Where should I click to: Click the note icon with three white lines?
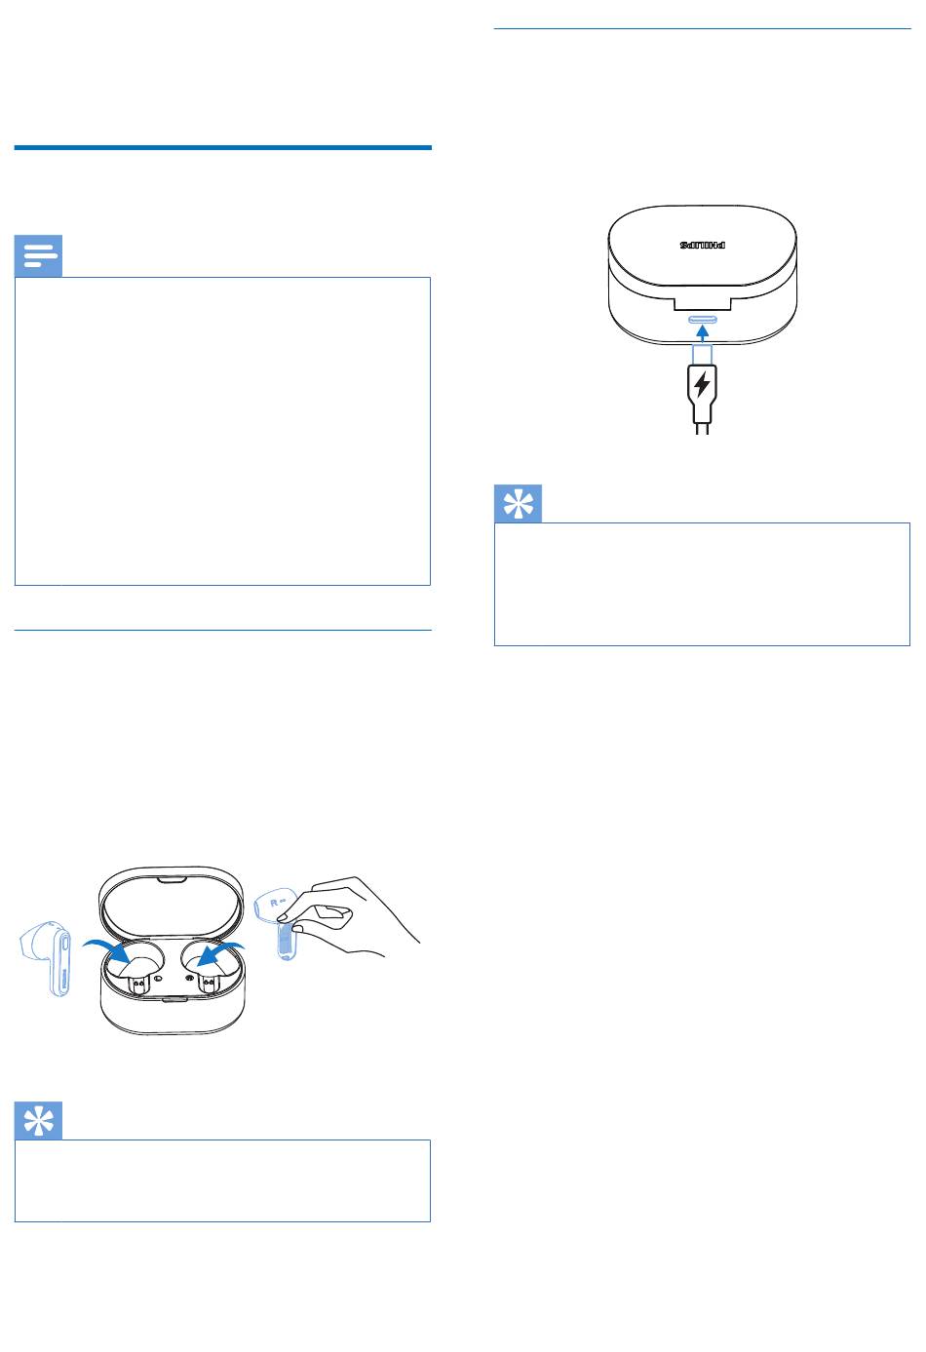[x=38, y=256]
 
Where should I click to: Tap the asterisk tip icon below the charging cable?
[x=518, y=503]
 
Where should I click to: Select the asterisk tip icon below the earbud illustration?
[x=38, y=1120]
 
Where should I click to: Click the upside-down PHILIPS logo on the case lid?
[x=703, y=245]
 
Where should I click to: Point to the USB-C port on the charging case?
[x=703, y=319]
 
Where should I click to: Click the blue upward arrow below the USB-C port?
[x=703, y=333]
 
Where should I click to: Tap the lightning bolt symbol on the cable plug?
[x=702, y=384]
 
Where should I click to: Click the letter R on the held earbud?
[x=274, y=903]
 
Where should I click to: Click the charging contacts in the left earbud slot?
[x=138, y=984]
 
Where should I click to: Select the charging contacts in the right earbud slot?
[x=208, y=984]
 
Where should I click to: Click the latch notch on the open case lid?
[x=172, y=880]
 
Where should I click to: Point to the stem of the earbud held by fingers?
[x=288, y=941]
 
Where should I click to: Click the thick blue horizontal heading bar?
[x=223, y=147]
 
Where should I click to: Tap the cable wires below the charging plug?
[x=702, y=428]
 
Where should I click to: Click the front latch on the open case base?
[x=172, y=1000]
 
